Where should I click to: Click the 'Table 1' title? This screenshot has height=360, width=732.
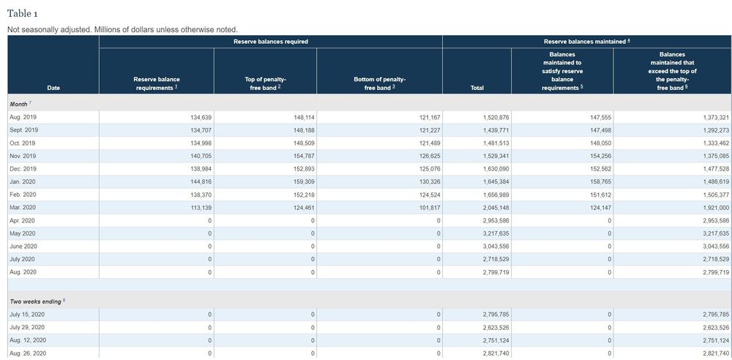[23, 14]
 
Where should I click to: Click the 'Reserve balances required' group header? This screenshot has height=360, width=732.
[271, 42]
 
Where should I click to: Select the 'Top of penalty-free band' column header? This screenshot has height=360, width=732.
[265, 83]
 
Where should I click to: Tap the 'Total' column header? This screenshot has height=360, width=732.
[477, 88]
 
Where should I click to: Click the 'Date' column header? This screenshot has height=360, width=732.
[53, 88]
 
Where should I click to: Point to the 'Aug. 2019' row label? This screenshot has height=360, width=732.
[21, 117]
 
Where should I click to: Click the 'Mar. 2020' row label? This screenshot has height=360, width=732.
[21, 207]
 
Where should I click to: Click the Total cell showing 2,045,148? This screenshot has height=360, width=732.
[496, 207]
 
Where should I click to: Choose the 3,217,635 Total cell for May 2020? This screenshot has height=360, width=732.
[496, 233]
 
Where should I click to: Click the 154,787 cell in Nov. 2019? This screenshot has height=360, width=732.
[305, 156]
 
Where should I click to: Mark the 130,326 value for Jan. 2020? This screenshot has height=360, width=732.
[430, 181]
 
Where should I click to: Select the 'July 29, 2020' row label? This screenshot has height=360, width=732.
[27, 327]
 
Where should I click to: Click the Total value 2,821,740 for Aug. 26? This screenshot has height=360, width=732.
[496, 353]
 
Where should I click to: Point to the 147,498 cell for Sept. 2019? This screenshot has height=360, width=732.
[601, 130]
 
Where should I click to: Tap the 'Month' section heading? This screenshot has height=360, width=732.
[20, 104]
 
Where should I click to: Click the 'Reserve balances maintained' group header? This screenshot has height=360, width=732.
[587, 42]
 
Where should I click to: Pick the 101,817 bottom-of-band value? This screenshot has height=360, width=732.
[430, 207]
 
